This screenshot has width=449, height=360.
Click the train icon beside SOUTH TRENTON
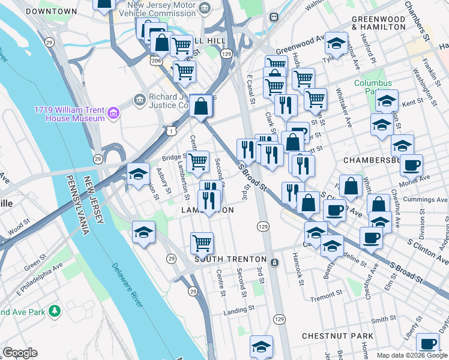tap(274, 262)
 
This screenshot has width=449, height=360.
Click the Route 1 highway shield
tap(172, 130)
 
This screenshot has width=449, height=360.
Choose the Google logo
tap(20, 353)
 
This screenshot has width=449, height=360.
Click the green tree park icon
tap(55, 311)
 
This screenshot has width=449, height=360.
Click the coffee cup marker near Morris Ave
tap(411, 165)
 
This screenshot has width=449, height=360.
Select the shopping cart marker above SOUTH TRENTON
tap(202, 243)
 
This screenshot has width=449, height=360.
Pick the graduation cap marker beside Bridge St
tap(139, 174)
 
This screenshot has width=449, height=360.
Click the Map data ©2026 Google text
tap(412, 355)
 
